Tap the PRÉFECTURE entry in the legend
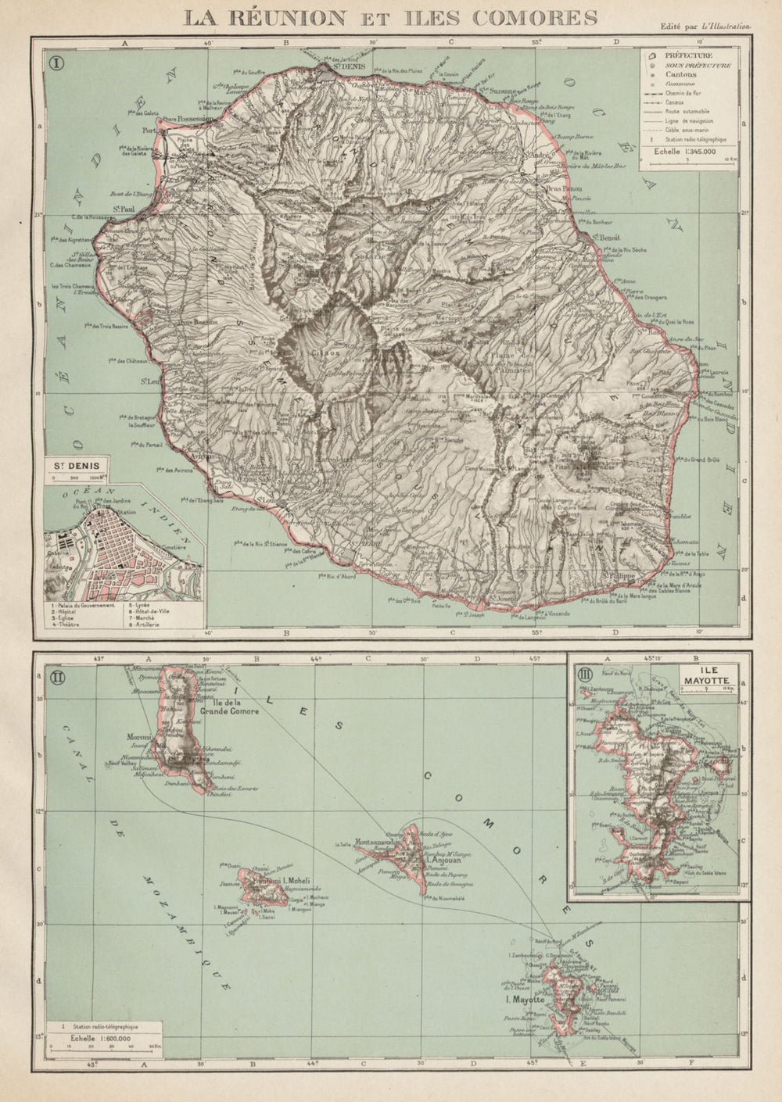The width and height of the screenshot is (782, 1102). click(x=687, y=55)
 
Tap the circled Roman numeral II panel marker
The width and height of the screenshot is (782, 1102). click(x=58, y=673)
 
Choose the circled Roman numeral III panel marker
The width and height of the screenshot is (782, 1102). click(x=583, y=673)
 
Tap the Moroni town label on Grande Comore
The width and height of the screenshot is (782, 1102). click(x=138, y=736)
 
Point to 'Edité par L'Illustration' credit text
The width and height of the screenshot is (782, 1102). click(x=705, y=26)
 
